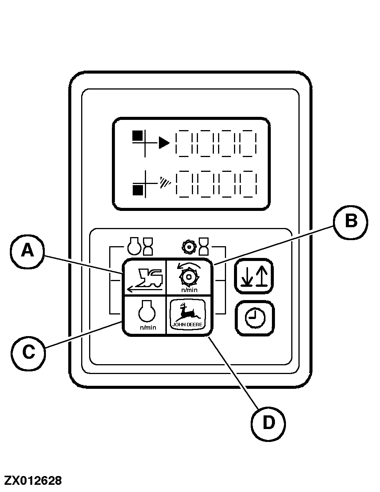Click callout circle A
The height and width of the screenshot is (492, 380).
27,251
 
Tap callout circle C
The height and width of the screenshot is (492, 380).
28,352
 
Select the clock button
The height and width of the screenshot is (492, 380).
254,318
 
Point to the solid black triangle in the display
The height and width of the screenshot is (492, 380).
164,143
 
